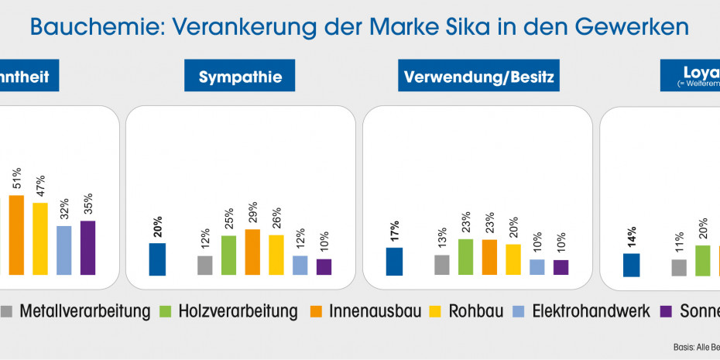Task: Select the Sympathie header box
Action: pos(240,77)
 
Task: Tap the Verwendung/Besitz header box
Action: pos(481,77)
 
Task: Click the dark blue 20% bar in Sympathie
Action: pos(157,259)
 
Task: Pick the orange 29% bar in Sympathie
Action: pos(252,252)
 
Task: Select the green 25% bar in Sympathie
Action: pos(228,255)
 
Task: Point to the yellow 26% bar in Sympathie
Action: pos(276,255)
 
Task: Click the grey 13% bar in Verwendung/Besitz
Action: pos(442,265)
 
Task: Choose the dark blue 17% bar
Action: pos(394,262)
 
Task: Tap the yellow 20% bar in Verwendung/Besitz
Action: pos(513,259)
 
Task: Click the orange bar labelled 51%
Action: pos(16,235)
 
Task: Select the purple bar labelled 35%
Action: pos(87,248)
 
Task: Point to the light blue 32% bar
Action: pos(64,250)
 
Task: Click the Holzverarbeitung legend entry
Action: pos(237,312)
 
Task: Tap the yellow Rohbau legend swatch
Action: pos(450,312)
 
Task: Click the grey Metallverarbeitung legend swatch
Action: pos(7,312)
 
